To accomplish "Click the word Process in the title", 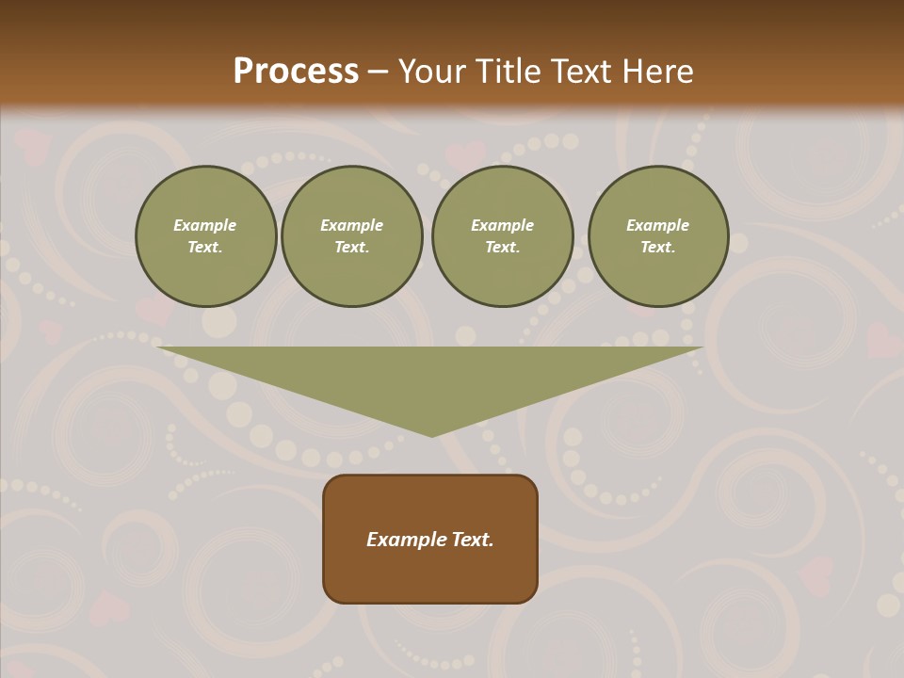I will coord(296,72).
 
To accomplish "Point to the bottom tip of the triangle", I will coord(431,434).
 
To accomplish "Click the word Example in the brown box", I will coord(405,540).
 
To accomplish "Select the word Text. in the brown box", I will coord(471,540).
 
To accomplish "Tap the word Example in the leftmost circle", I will coord(205,225).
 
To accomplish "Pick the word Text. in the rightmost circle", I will coord(658,247).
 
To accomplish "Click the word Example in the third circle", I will coord(503,225).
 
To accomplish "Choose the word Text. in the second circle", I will coord(352,247).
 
